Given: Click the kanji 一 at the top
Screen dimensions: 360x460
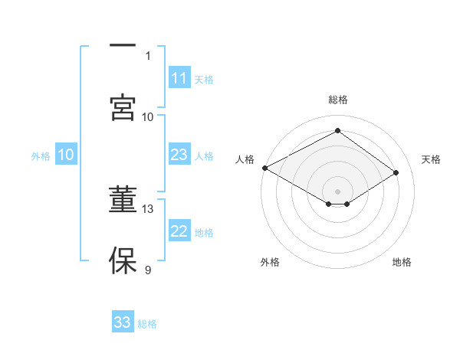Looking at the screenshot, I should point(123,46).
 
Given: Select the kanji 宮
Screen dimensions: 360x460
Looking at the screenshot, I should point(123,106).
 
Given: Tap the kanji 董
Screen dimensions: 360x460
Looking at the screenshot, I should point(123,200).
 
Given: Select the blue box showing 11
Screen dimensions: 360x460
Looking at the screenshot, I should point(179,78).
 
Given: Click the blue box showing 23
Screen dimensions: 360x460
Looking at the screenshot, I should point(179,155).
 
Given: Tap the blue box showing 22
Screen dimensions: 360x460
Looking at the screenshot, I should point(179,231).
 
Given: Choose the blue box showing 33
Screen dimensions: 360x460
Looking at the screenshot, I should point(123,322).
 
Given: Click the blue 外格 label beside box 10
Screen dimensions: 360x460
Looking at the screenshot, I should point(41,155).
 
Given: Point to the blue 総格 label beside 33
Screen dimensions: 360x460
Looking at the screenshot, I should point(147,324).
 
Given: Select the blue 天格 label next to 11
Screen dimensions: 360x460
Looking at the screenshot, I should point(204,79).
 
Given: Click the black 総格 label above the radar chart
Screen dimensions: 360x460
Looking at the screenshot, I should point(338,100).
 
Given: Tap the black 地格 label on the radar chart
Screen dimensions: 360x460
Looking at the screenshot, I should point(402,262).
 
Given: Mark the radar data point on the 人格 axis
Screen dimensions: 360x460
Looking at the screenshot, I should point(264,168).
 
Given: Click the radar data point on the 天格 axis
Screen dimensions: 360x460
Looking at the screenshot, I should point(396,173).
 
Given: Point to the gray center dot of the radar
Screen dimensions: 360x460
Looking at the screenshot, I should point(337,191).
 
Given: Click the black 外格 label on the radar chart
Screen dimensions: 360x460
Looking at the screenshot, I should point(270,262).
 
